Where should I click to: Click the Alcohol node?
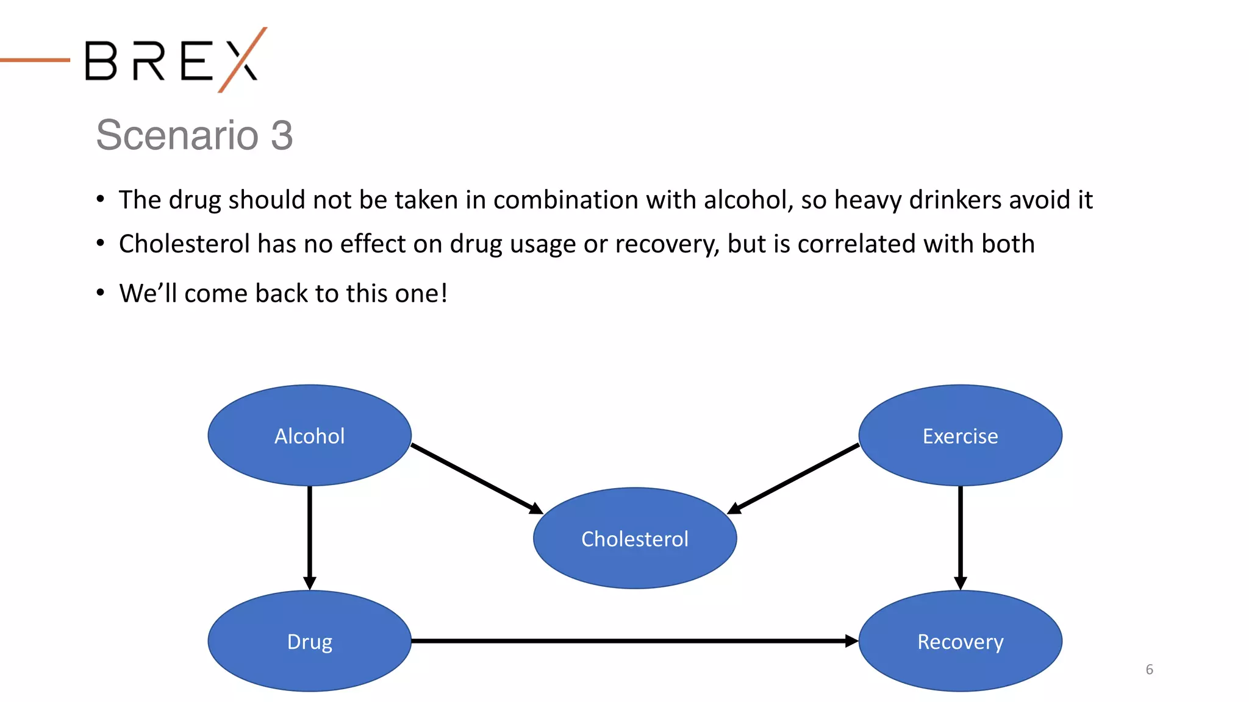coord(309,435)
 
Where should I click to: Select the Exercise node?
coord(960,435)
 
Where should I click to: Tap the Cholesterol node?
coord(634,538)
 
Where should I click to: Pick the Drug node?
coord(309,641)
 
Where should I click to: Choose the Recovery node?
coord(960,641)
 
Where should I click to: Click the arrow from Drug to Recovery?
coord(634,641)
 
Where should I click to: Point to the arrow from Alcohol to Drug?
coord(310,536)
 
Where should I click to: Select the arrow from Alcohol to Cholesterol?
coord(476,478)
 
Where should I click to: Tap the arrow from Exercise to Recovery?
coord(961,536)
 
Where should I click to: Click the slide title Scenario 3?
coord(194,135)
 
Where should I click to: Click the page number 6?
coord(1149,669)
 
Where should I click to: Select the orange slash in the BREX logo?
coord(243,59)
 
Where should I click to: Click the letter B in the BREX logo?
coord(101,60)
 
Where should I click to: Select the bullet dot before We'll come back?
coord(101,293)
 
